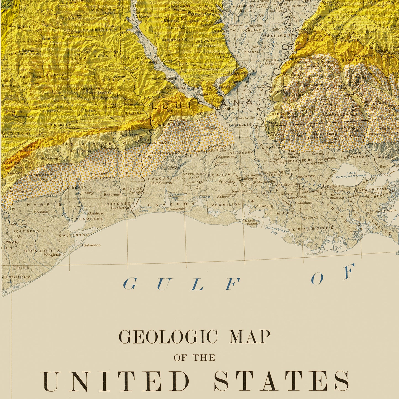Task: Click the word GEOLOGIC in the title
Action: click(x=168, y=337)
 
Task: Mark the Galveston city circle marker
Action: click(x=81, y=245)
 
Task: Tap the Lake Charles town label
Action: click(x=161, y=183)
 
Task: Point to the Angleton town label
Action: click(x=53, y=255)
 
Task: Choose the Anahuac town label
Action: click(x=96, y=213)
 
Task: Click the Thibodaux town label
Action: click(x=303, y=203)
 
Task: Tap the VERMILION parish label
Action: click(x=226, y=205)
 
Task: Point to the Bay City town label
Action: click(x=23, y=267)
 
